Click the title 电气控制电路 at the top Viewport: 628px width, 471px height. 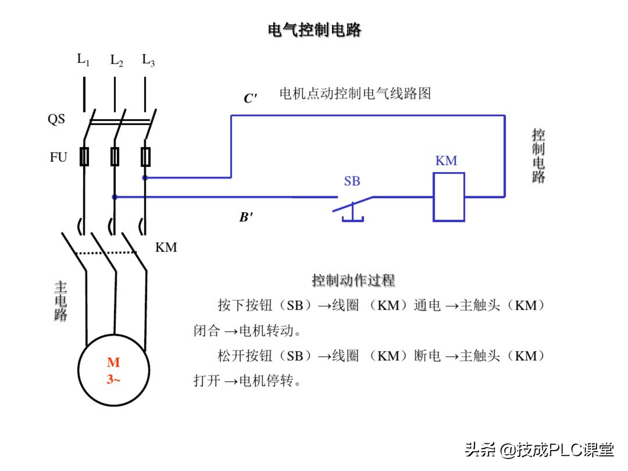[314, 30]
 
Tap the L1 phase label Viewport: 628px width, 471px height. [83, 60]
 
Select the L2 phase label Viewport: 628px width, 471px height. [116, 60]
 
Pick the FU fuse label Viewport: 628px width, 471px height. [58, 157]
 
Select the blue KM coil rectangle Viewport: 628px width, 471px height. [449, 197]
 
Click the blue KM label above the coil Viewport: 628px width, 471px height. [446, 161]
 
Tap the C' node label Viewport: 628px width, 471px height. [250, 98]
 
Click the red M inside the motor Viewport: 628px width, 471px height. [113, 362]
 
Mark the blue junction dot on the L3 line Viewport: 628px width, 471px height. [145, 178]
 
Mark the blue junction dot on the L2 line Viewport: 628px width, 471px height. [115, 197]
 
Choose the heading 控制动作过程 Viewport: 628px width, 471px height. [353, 280]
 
